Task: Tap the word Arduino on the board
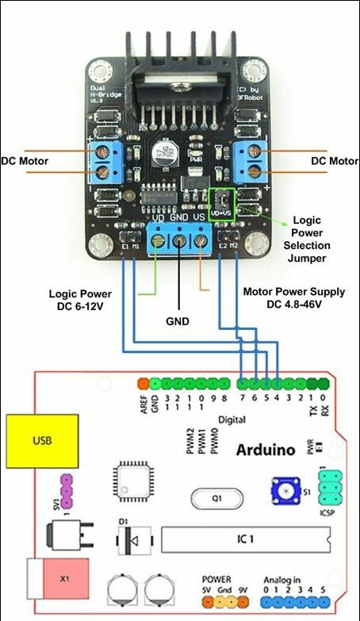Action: pos(266,450)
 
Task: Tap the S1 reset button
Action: pos(282,492)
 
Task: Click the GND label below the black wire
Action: pos(179,323)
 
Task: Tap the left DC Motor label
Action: pos(25,161)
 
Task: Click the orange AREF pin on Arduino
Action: pos(144,383)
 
